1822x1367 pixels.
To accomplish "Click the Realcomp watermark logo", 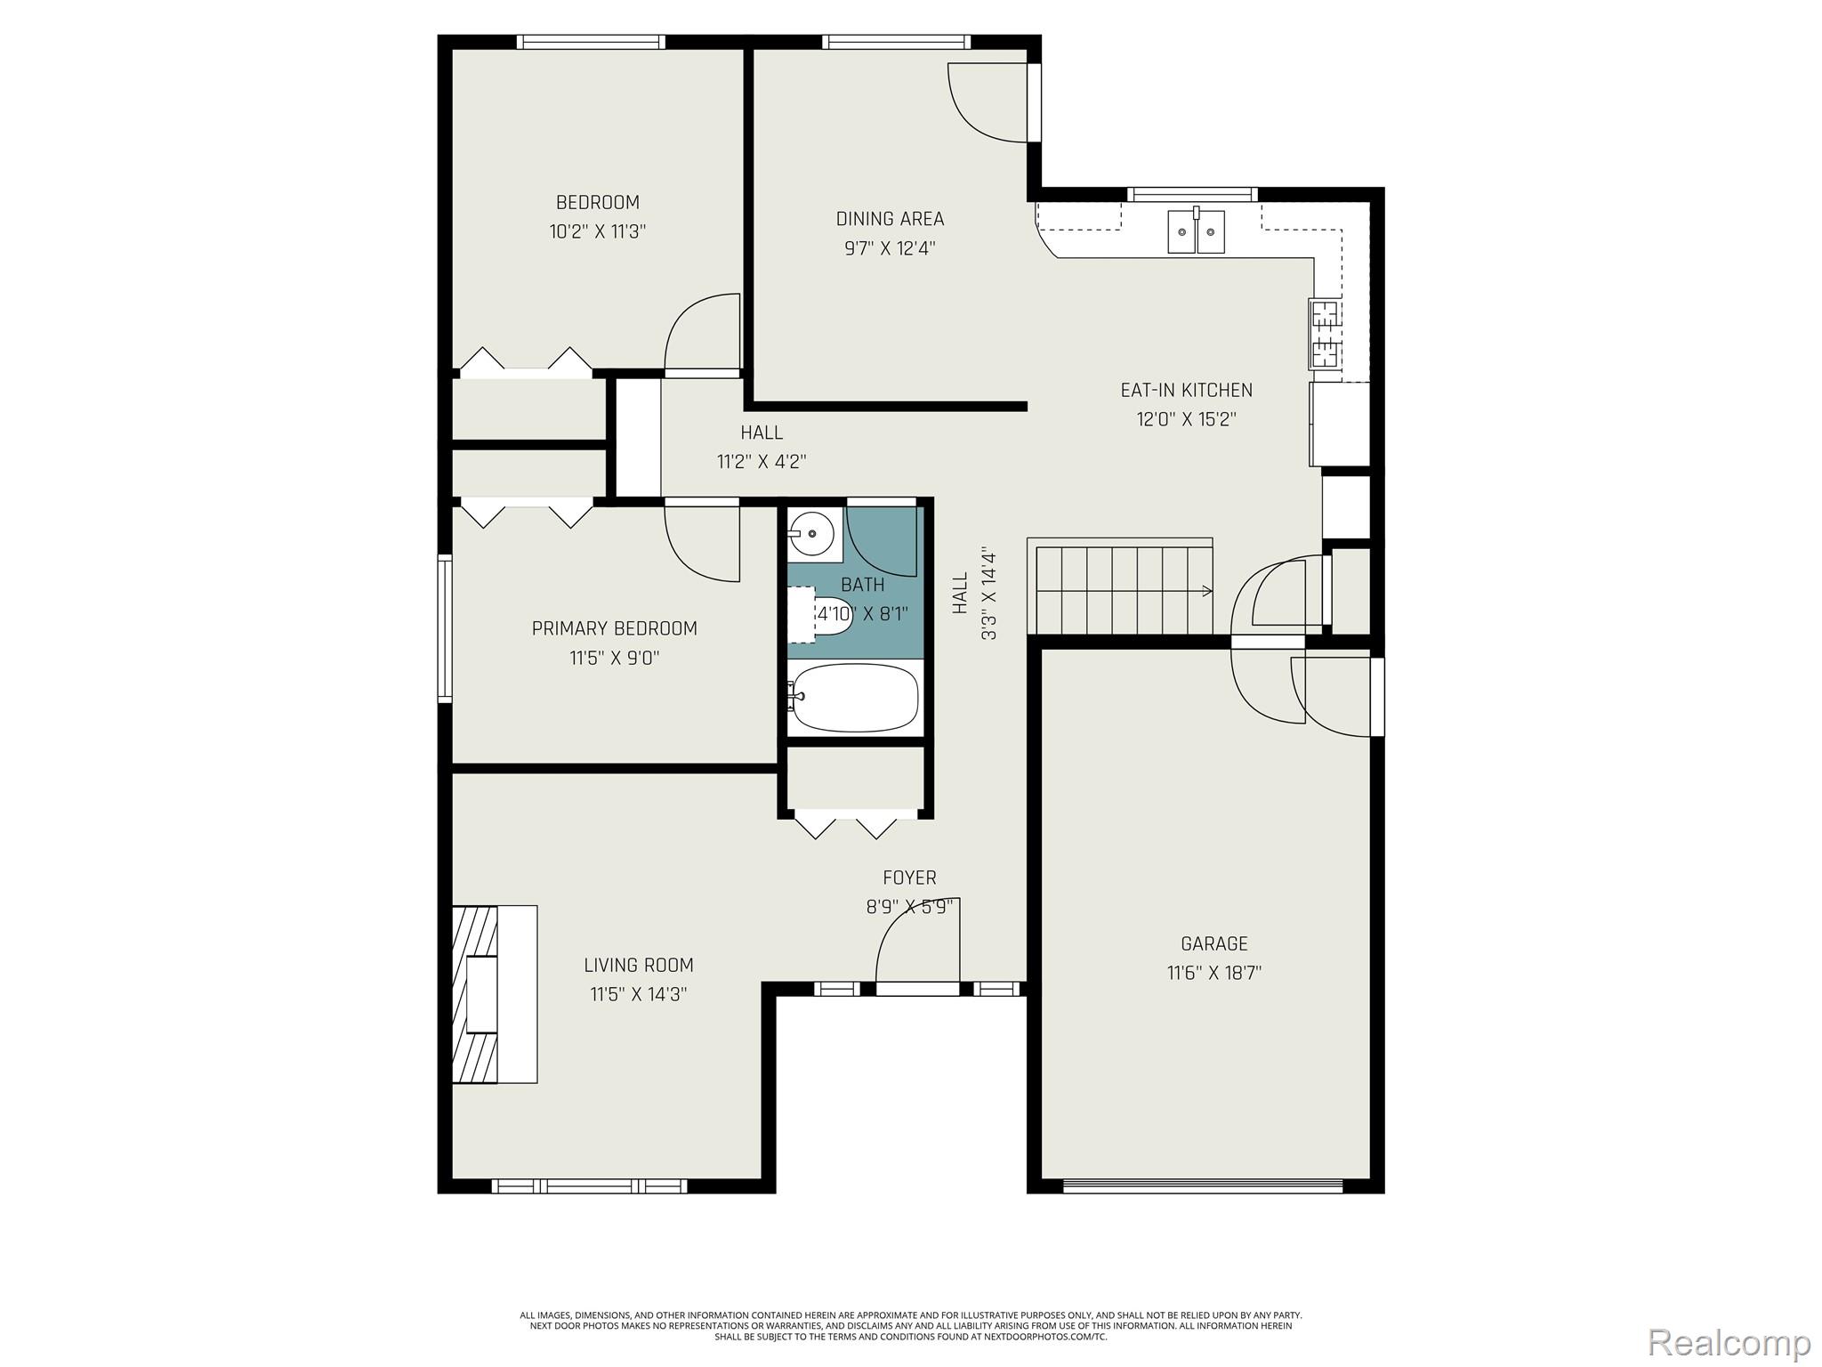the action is click(1729, 1342).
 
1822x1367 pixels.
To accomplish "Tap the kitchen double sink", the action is click(1197, 231).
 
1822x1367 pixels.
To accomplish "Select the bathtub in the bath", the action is click(854, 698).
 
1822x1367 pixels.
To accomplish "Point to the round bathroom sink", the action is click(812, 534).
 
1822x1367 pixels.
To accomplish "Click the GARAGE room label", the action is click(1214, 943).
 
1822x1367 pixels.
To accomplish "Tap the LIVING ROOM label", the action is click(639, 965).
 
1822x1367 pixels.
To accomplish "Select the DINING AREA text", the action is click(890, 218).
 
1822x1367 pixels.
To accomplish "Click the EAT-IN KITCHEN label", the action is click(1186, 390).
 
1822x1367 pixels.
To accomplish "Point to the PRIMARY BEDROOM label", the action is click(615, 628).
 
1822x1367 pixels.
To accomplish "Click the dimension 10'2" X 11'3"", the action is click(598, 232).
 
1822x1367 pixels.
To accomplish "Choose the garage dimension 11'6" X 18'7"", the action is click(1214, 973).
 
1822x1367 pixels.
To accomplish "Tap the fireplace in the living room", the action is click(495, 994).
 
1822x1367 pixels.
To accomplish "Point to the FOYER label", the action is click(909, 878).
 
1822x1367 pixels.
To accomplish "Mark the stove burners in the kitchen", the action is click(1326, 334).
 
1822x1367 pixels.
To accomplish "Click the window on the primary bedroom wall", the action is click(445, 628).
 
